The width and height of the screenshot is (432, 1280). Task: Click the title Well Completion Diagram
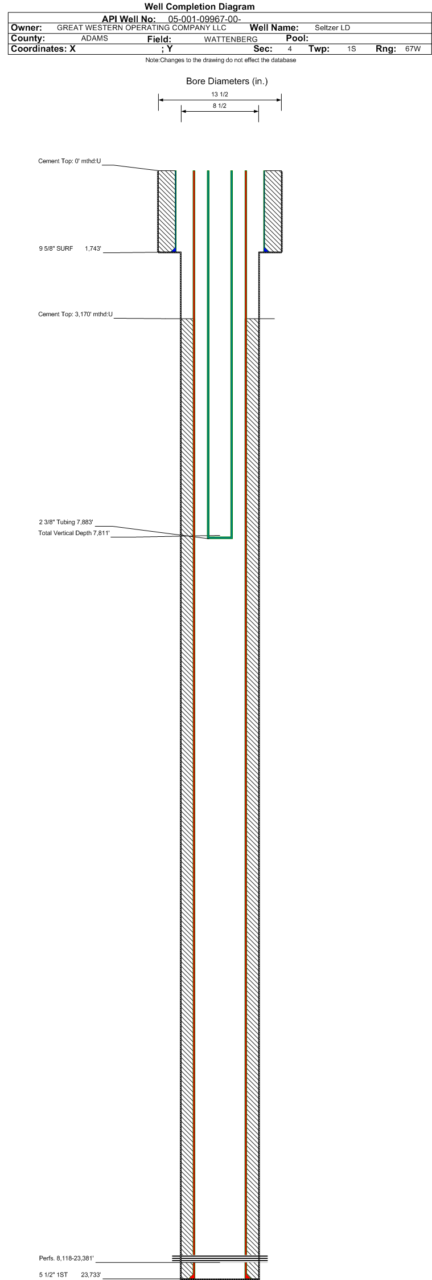point(200,7)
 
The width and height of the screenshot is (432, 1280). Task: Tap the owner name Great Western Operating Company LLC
point(142,28)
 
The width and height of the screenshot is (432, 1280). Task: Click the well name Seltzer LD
point(332,28)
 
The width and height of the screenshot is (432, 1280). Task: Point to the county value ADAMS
point(94,39)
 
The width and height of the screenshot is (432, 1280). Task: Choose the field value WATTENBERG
point(231,39)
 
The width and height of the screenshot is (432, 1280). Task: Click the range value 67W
point(413,49)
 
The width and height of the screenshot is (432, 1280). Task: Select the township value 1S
point(352,49)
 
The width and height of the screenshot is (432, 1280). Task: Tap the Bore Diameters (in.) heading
point(227,81)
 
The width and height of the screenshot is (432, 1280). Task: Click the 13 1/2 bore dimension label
point(220,95)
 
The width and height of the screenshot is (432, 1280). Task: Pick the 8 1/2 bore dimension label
point(220,106)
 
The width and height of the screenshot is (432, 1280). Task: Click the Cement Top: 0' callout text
point(69,161)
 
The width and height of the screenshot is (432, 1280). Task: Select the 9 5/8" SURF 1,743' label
point(70,248)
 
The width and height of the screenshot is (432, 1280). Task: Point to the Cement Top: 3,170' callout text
point(76,315)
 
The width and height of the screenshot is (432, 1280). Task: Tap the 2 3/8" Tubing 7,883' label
point(66,522)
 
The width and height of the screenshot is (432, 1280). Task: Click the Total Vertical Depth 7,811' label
point(74,533)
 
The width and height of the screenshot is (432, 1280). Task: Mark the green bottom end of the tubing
point(220,537)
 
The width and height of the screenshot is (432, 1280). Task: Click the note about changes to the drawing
point(221,60)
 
